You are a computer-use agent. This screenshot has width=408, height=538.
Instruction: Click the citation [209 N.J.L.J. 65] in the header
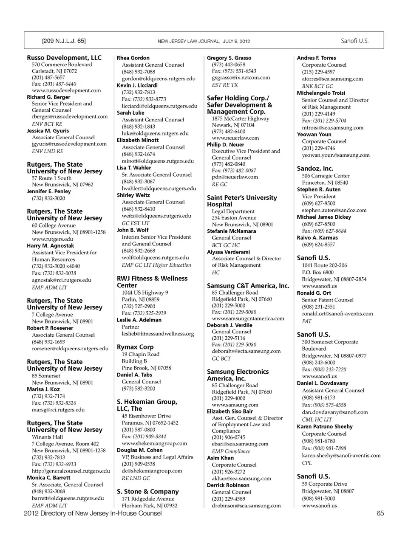click(x=64, y=41)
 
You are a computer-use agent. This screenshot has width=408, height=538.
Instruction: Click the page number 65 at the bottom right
click(x=380, y=513)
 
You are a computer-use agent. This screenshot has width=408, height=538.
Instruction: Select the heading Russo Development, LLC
click(x=64, y=58)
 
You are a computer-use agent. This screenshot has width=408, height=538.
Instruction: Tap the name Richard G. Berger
click(x=48, y=97)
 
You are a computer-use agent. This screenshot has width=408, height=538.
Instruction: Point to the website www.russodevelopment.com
click(x=66, y=90)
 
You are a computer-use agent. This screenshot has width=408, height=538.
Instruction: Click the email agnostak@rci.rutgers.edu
click(x=62, y=280)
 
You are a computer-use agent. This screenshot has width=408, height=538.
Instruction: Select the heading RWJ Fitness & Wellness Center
click(x=152, y=282)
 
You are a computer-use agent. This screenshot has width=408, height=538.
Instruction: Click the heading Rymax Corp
click(x=135, y=347)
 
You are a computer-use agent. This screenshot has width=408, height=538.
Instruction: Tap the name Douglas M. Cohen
click(x=140, y=450)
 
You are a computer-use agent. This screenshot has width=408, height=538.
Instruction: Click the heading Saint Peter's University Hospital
click(x=241, y=201)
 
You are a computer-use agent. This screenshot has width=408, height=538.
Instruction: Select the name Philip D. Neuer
click(x=226, y=144)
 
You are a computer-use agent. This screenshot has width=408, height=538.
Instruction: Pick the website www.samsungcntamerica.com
click(x=248, y=318)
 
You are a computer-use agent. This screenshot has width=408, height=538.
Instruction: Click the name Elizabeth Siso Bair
click(x=230, y=411)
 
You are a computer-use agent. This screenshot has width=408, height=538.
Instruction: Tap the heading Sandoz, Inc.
click(x=315, y=169)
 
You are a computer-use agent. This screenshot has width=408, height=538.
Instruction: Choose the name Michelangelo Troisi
click(x=321, y=93)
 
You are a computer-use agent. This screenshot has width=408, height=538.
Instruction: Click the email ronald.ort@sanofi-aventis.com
click(x=337, y=314)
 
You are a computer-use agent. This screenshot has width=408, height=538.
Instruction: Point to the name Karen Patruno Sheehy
click(x=325, y=427)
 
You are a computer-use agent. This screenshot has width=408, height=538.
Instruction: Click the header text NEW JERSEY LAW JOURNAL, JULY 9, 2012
click(x=204, y=42)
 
